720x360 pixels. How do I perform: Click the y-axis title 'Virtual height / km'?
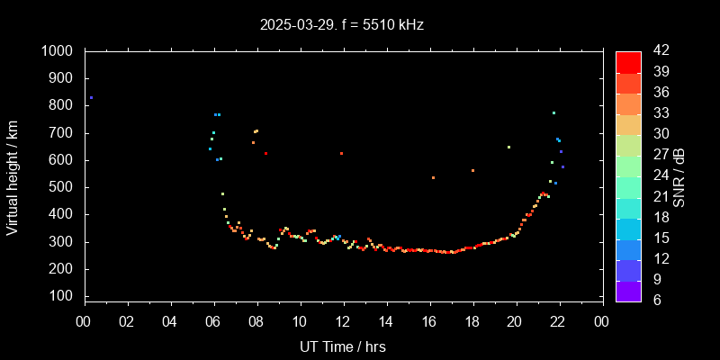13,175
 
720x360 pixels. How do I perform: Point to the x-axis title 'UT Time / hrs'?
344,346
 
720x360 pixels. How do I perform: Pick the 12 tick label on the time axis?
343,321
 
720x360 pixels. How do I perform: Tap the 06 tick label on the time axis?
213,321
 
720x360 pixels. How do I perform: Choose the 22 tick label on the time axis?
558,321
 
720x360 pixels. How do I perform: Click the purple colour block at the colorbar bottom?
628,291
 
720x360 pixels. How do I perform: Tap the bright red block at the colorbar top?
628,61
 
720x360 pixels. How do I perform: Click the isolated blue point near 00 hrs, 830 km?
91,97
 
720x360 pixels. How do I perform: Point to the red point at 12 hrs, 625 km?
341,153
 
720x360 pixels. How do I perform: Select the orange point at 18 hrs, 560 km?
472,170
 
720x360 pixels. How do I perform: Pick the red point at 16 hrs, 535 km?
433,177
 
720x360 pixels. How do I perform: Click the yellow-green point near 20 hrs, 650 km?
508,147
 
